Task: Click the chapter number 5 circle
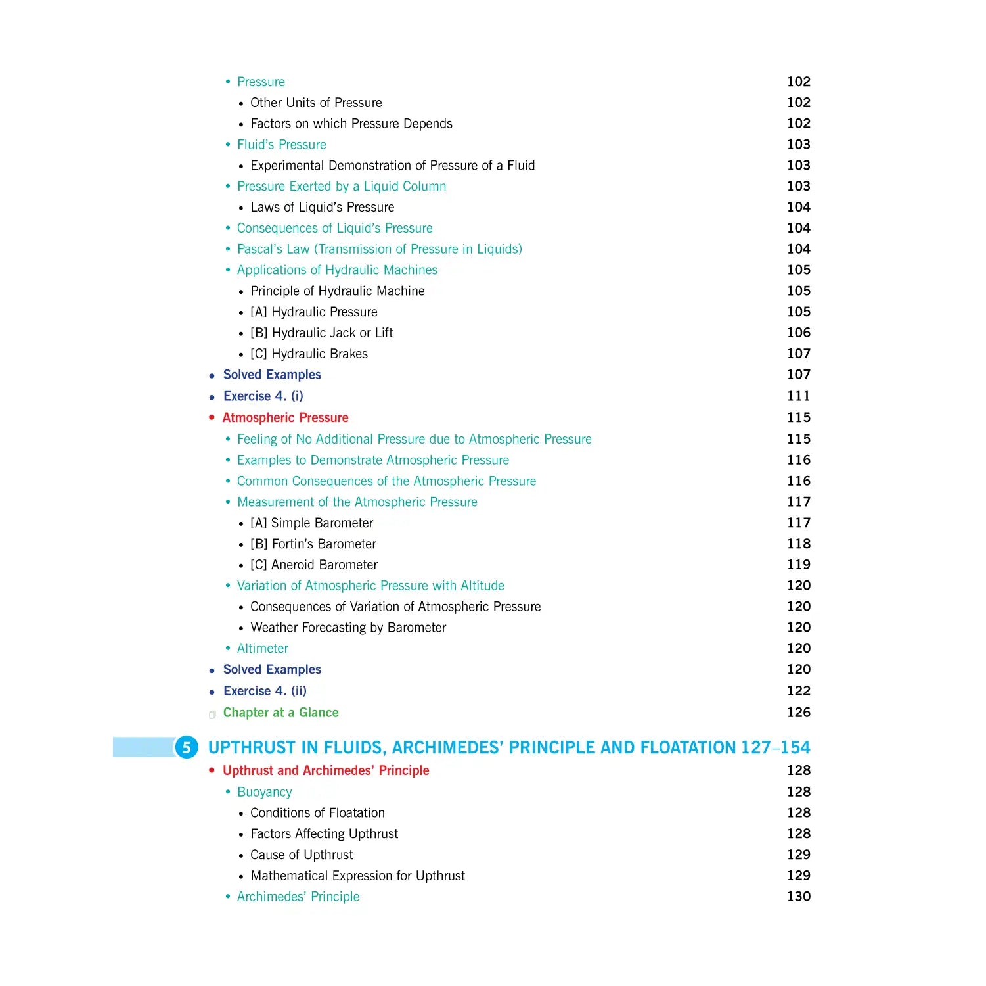tap(187, 747)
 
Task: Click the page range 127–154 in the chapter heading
tap(775, 747)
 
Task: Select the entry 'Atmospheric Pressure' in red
tap(285, 417)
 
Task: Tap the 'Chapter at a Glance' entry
tap(280, 713)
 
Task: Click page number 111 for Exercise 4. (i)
tap(798, 396)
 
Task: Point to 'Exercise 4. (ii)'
tap(265, 691)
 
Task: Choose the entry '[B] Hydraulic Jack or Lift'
tap(321, 333)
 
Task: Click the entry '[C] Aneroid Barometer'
tap(314, 565)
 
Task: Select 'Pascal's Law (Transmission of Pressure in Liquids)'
tap(379, 249)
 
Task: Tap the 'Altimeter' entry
tap(262, 648)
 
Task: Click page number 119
tap(798, 565)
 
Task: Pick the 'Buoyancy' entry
tap(264, 792)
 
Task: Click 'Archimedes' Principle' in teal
tap(298, 897)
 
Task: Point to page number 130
tap(798, 897)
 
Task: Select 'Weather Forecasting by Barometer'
tap(348, 628)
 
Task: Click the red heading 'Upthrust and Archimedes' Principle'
tap(326, 770)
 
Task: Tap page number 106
tap(798, 333)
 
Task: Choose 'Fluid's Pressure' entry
tap(281, 145)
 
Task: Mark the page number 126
tap(798, 713)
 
